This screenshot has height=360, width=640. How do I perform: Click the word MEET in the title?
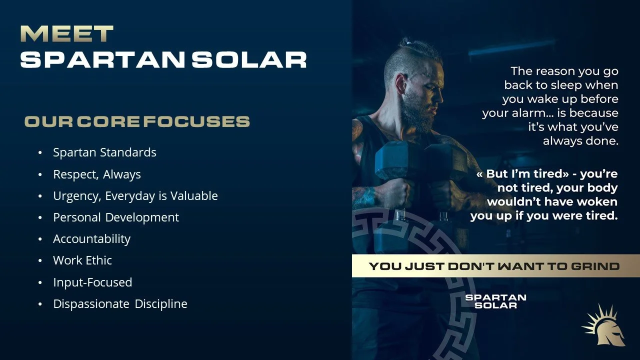coord(66,34)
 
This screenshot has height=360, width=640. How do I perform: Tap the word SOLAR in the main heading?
coord(249,59)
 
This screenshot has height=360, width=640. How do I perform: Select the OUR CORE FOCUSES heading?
coord(137,121)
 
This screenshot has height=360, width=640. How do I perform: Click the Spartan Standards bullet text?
coord(104,152)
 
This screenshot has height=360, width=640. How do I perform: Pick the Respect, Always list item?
coord(97,174)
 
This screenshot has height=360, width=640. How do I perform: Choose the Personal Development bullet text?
coord(116,217)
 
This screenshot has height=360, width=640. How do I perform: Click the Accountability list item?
coord(91,239)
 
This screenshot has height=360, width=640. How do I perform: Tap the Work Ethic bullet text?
coord(82,260)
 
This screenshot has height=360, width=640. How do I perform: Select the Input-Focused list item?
coord(92,282)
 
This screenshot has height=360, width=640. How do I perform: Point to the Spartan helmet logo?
coord(604,326)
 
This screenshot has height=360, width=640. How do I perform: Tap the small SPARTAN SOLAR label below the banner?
coord(495,301)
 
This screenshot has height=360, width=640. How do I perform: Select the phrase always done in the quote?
coord(580,141)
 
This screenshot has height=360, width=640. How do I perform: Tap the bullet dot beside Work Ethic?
coord(40,261)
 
